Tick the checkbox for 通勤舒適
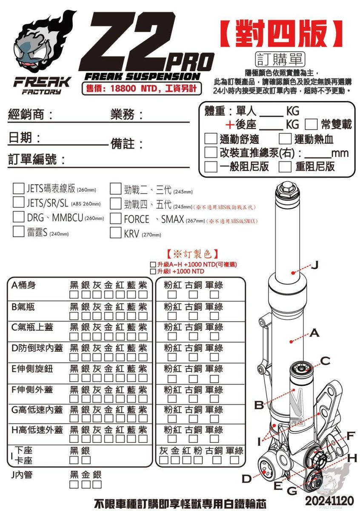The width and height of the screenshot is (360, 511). click(211, 139)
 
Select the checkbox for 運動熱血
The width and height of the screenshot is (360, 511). click(285, 139)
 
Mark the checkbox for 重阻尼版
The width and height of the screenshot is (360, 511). click(285, 166)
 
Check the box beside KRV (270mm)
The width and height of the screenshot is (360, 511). click(115, 233)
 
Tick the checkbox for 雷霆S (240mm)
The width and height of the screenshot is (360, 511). click(18, 232)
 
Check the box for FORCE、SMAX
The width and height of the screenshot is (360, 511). click(115, 218)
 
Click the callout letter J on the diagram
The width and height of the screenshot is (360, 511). click(314, 265)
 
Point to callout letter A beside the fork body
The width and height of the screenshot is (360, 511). click(314, 333)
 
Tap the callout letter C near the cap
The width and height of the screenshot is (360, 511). click(326, 361)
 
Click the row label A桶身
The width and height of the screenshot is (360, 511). click(23, 285)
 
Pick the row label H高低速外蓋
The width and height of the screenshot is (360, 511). click(37, 430)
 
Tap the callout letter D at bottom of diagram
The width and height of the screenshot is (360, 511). click(246, 479)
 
